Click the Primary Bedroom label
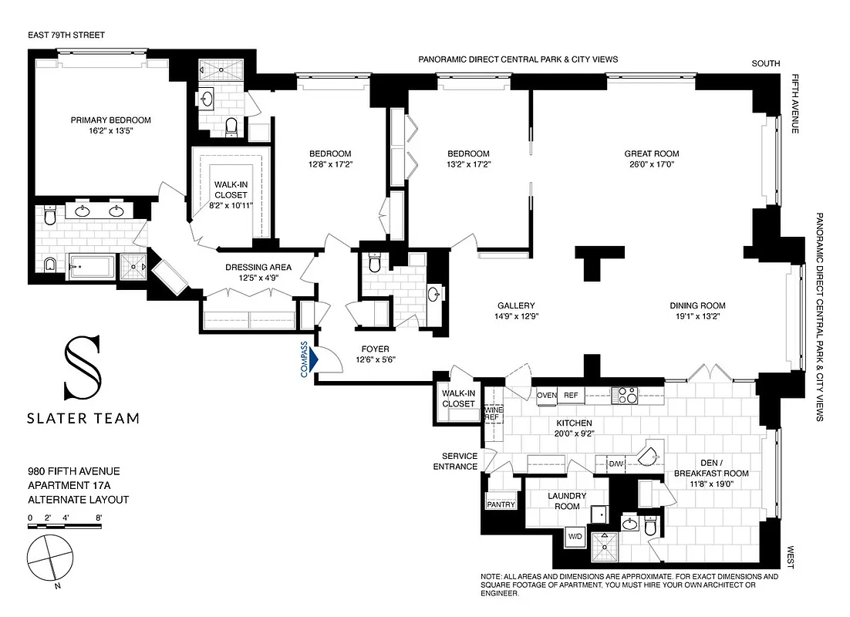pos(110,120)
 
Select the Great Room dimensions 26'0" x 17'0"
pos(652,164)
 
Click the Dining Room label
pos(697,305)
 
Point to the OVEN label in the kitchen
pos(547,396)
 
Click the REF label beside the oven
pos(571,396)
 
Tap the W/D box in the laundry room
pos(575,535)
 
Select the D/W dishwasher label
pos(616,464)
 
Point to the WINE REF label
pos(492,413)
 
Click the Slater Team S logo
pos(83,369)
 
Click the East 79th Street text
pos(66,35)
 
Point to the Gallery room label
pos(515,305)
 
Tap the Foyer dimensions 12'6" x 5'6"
pos(378,359)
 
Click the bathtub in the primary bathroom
pos(92,268)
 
